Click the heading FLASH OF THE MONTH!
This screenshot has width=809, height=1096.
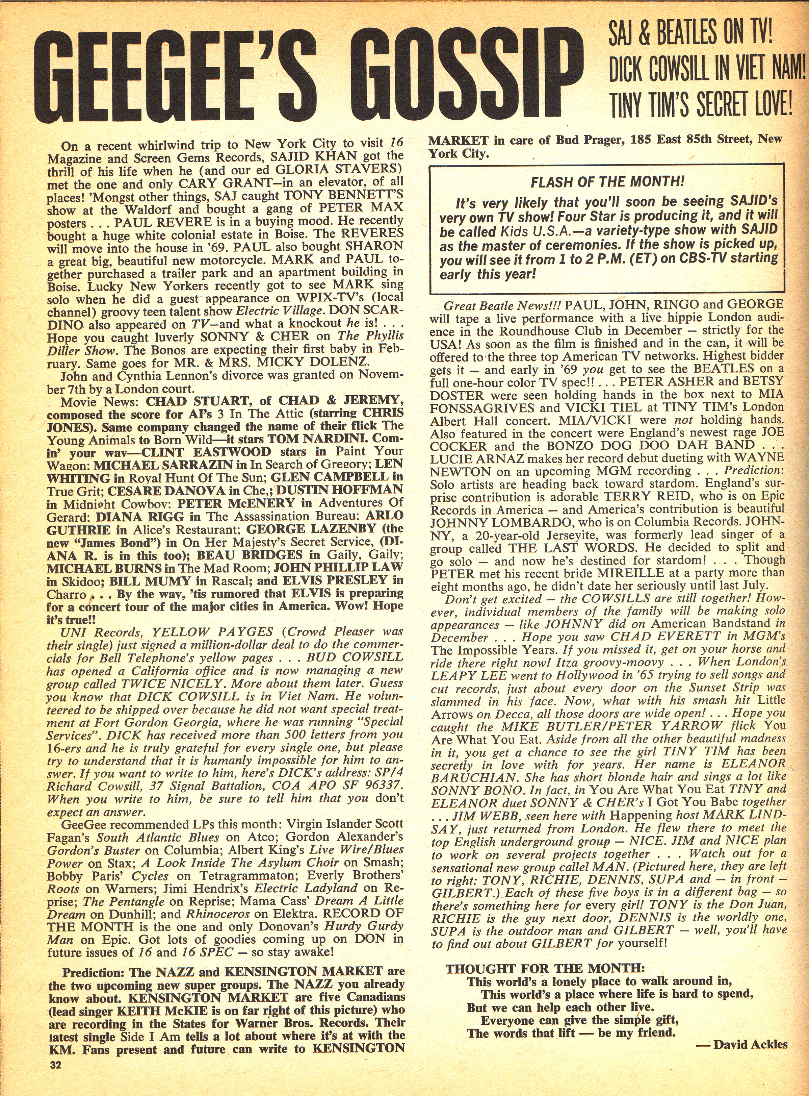point(607,181)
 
